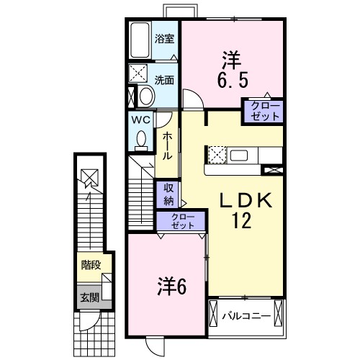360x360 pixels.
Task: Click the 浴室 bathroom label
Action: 164,39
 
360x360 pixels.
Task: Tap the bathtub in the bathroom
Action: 140,40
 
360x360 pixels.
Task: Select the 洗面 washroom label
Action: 164,80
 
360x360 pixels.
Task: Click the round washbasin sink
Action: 147,96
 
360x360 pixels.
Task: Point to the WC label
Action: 141,120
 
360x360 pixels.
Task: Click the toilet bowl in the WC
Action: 141,139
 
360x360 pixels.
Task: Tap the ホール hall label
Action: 167,146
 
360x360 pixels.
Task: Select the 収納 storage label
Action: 168,194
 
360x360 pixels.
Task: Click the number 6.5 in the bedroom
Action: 233,80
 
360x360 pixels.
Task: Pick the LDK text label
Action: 246,200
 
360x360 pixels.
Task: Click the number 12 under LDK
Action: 241,220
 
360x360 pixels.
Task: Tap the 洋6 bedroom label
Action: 172,287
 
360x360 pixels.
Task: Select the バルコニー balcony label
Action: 246,316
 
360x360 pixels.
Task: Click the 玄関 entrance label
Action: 89,298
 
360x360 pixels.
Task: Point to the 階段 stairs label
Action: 91,265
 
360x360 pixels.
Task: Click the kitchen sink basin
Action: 239,156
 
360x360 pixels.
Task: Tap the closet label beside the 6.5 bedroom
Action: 265,111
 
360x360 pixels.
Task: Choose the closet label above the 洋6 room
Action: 183,221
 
